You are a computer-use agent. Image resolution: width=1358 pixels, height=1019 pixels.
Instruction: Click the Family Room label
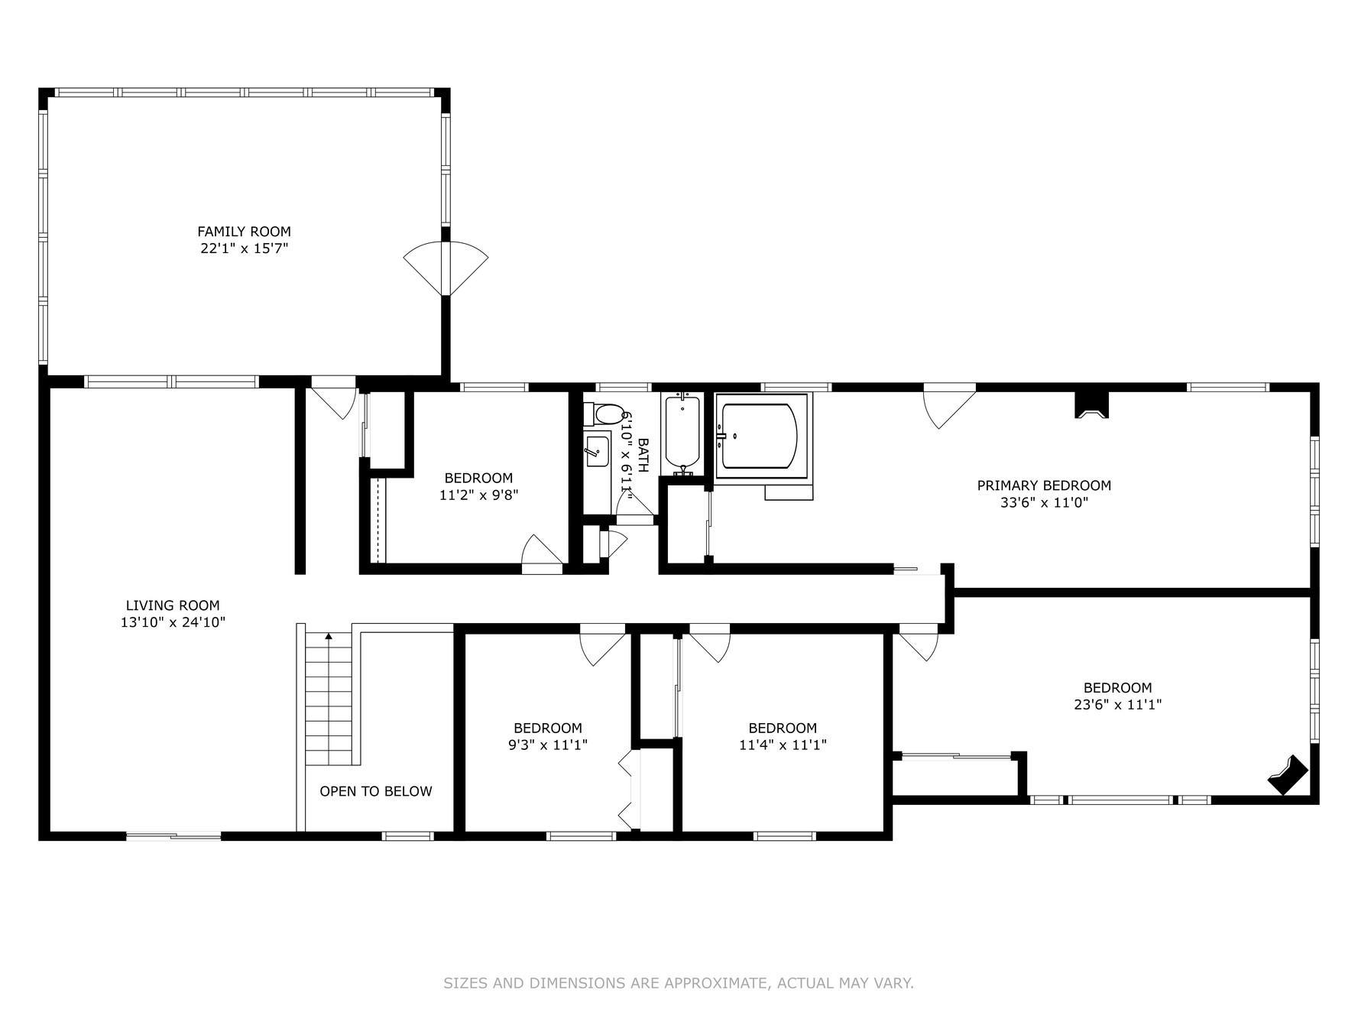pyautogui.click(x=244, y=232)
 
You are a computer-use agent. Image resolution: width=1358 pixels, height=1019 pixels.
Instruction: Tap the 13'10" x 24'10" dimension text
pyautogui.click(x=173, y=623)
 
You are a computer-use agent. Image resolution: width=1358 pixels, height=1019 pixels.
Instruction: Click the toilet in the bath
pyautogui.click(x=604, y=415)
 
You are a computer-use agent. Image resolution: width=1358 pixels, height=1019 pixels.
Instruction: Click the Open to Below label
pyautogui.click(x=376, y=791)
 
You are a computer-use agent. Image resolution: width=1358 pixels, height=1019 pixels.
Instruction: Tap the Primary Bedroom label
pyautogui.click(x=1044, y=485)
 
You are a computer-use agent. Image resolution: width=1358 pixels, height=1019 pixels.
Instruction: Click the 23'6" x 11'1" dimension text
pyautogui.click(x=1117, y=705)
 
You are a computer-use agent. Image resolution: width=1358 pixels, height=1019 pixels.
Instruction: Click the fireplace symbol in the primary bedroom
pyautogui.click(x=1092, y=404)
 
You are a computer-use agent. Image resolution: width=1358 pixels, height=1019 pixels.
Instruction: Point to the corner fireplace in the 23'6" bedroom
pyautogui.click(x=1288, y=775)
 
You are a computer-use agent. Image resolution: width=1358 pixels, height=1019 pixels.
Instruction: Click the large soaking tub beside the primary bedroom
pyautogui.click(x=762, y=436)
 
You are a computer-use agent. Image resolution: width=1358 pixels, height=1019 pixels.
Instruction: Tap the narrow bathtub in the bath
pyautogui.click(x=682, y=432)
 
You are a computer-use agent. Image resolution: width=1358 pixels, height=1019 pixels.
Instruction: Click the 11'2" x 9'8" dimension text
pyautogui.click(x=479, y=495)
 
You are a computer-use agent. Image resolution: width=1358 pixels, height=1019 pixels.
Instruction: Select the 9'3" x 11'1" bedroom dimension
pyautogui.click(x=548, y=745)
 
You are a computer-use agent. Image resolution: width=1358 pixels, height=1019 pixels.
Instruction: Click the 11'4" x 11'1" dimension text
pyautogui.click(x=783, y=745)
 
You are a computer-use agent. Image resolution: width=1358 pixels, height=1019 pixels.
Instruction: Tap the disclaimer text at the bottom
pyautogui.click(x=679, y=983)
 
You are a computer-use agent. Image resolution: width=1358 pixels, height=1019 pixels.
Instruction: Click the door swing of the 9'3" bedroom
pyautogui.click(x=602, y=647)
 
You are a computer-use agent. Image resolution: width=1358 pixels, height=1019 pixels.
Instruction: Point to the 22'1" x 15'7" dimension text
pyautogui.click(x=244, y=248)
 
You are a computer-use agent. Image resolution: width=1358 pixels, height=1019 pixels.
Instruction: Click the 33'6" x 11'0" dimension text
pyautogui.click(x=1044, y=502)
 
